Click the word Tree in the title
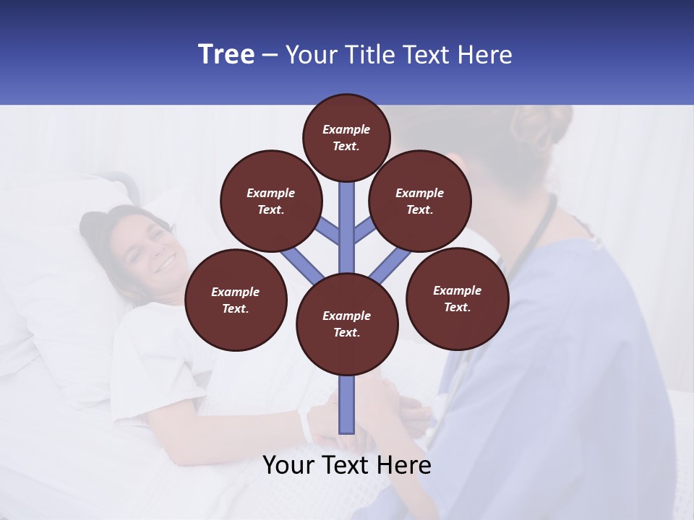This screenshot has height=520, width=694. pyautogui.click(x=226, y=54)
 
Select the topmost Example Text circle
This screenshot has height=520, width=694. pyautogui.click(x=346, y=137)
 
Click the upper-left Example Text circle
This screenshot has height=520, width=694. pyautogui.click(x=271, y=201)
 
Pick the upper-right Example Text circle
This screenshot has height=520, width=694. pyautogui.click(x=420, y=201)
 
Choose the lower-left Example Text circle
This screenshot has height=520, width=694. pyautogui.click(x=236, y=300)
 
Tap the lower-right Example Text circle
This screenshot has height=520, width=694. pyautogui.click(x=457, y=298)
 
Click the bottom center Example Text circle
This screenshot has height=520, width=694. pyautogui.click(x=347, y=324)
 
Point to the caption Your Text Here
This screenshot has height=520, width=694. pyautogui.click(x=347, y=465)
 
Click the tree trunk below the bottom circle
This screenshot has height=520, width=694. pyautogui.click(x=347, y=404)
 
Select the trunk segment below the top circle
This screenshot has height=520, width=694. pyautogui.click(x=347, y=217)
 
